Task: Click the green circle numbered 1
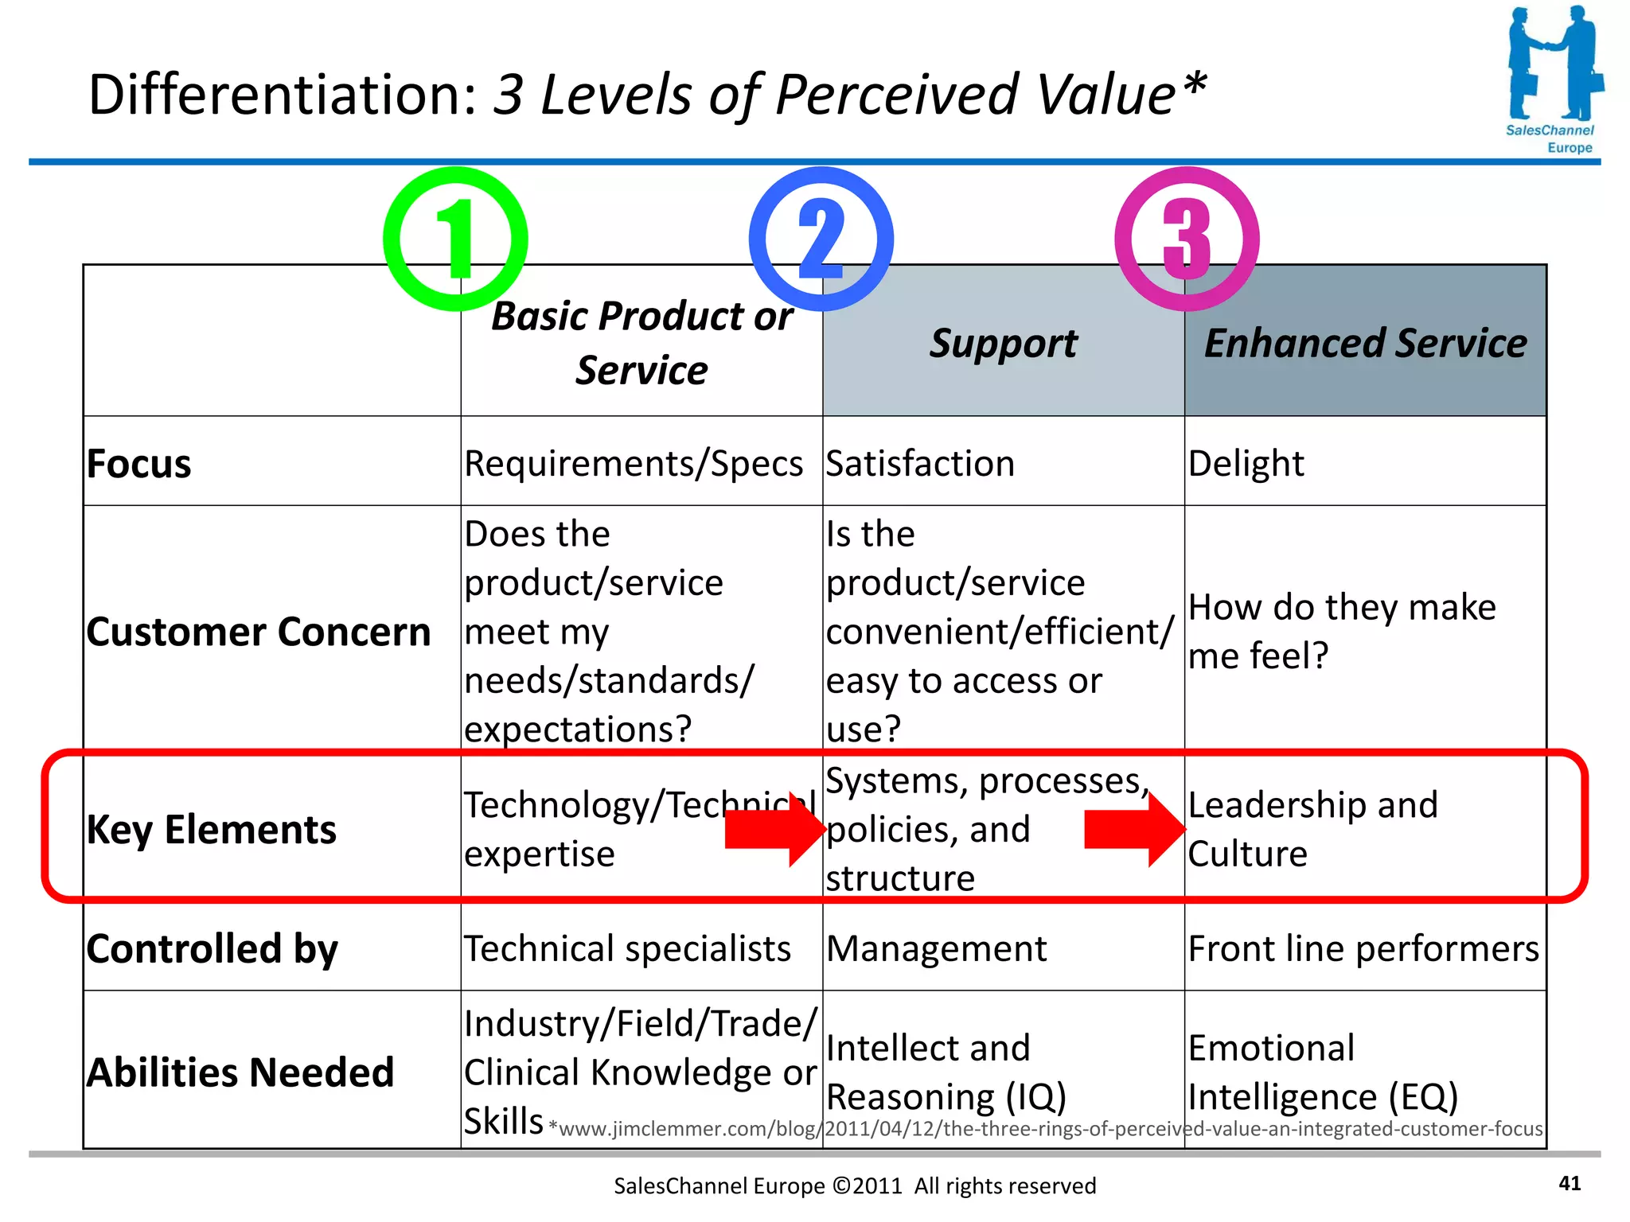tap(455, 239)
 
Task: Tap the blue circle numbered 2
tap(821, 239)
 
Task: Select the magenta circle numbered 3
tap(1187, 239)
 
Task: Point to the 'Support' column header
tap(1003, 344)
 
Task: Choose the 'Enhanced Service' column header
tap(1365, 344)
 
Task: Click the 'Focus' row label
tap(139, 464)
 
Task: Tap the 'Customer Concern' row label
tap(259, 632)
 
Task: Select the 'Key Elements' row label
tap(212, 830)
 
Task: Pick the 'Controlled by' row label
tap(213, 948)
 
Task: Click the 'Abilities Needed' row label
tap(240, 1072)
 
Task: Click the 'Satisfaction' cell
tap(920, 464)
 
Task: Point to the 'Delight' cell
tap(1246, 464)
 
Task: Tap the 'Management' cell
tap(937, 949)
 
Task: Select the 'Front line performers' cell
tap(1363, 949)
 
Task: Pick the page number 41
tap(1570, 1184)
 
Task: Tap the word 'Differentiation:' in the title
tap(283, 95)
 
